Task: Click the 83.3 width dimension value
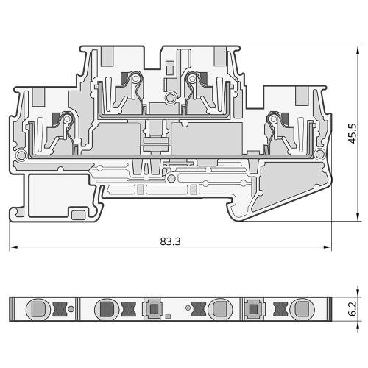click(x=170, y=241)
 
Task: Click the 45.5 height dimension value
click(x=353, y=134)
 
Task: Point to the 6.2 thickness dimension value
click(x=353, y=308)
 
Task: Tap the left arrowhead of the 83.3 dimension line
click(x=13, y=247)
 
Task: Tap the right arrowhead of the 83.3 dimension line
click(x=328, y=247)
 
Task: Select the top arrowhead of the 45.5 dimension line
click(x=358, y=50)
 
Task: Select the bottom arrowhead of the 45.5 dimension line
click(x=358, y=217)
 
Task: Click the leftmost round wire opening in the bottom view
click(x=38, y=309)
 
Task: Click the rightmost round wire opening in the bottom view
click(x=302, y=309)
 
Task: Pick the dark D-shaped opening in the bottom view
click(x=107, y=309)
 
